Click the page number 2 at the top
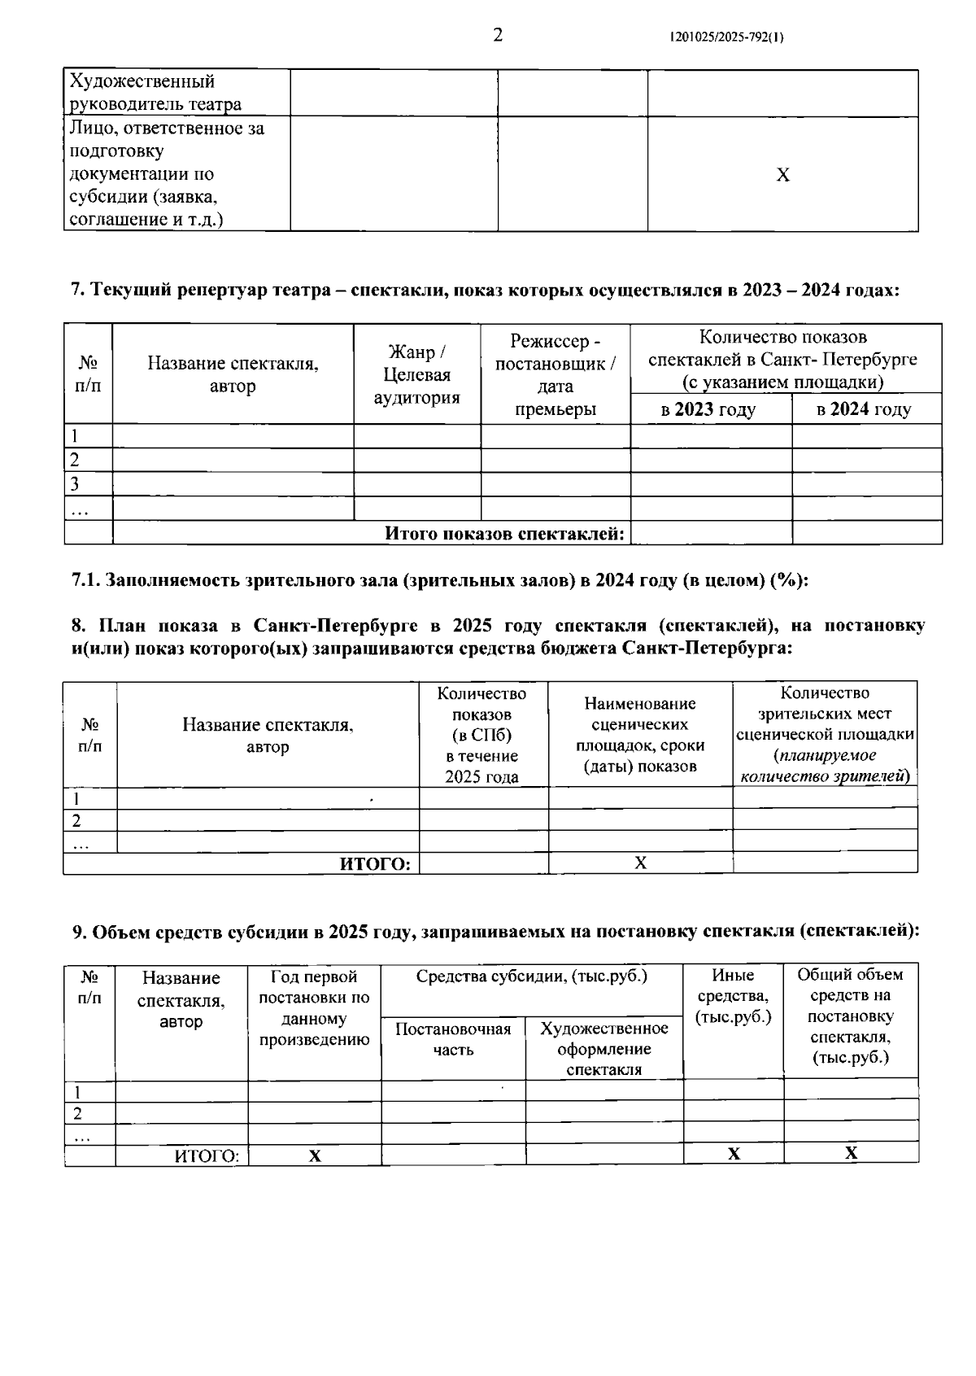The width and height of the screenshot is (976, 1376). point(498,34)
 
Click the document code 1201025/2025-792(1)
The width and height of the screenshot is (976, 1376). point(726,37)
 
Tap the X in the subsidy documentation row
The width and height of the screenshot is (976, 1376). point(782,175)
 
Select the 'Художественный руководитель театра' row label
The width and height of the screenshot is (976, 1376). point(155,93)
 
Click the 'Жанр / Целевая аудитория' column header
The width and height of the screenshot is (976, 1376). point(416,374)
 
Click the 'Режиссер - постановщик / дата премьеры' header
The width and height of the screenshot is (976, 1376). point(556,374)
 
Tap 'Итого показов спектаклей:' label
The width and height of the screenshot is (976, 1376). point(504,534)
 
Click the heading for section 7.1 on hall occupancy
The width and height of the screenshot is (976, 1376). point(439,580)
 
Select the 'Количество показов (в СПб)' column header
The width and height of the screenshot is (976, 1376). point(481,734)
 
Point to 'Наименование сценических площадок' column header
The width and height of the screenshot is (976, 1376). point(640,734)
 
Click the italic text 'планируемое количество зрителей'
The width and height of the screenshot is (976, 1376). point(825,766)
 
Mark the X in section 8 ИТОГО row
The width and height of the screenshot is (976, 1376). point(640,863)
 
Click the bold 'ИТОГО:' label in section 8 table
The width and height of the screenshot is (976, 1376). point(375,864)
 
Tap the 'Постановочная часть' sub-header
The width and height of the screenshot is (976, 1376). point(453,1039)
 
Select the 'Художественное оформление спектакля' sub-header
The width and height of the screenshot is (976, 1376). point(604,1049)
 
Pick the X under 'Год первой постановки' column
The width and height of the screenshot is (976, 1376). point(315,1155)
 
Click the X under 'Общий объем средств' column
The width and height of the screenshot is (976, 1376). point(851,1153)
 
